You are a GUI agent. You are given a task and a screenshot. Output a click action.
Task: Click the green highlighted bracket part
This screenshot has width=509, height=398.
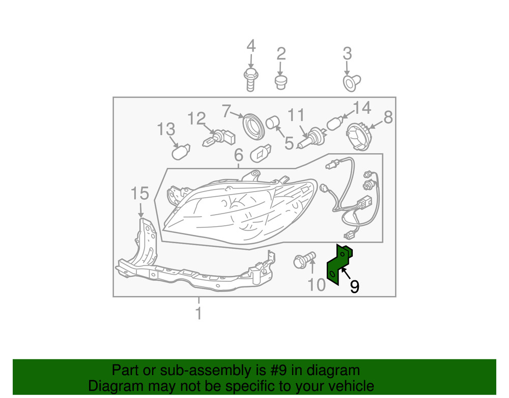(337, 265)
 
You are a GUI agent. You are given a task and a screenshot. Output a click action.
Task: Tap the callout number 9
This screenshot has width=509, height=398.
(354, 286)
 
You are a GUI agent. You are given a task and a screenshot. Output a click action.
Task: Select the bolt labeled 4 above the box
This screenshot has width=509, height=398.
(250, 79)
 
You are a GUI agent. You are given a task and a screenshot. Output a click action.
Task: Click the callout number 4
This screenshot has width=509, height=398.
(251, 46)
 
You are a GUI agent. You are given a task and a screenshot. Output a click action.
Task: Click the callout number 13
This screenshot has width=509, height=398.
(166, 129)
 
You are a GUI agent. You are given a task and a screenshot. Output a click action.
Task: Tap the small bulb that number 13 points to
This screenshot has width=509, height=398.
(181, 152)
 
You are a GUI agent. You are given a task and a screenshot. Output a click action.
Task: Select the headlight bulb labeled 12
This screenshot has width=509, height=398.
(219, 139)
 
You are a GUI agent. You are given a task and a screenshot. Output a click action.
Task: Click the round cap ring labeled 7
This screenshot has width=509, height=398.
(254, 126)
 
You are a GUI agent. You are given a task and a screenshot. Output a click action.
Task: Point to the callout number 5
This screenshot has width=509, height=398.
(289, 143)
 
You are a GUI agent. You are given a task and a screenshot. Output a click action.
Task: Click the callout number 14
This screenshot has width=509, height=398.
(361, 108)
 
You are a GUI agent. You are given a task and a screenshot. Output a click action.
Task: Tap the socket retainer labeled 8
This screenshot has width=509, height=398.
(358, 136)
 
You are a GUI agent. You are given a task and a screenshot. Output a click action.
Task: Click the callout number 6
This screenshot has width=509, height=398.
(239, 155)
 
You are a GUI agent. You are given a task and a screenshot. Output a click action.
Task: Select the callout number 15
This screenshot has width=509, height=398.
(139, 193)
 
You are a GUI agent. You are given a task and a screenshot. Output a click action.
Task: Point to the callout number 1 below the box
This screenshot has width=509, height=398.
(199, 313)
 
